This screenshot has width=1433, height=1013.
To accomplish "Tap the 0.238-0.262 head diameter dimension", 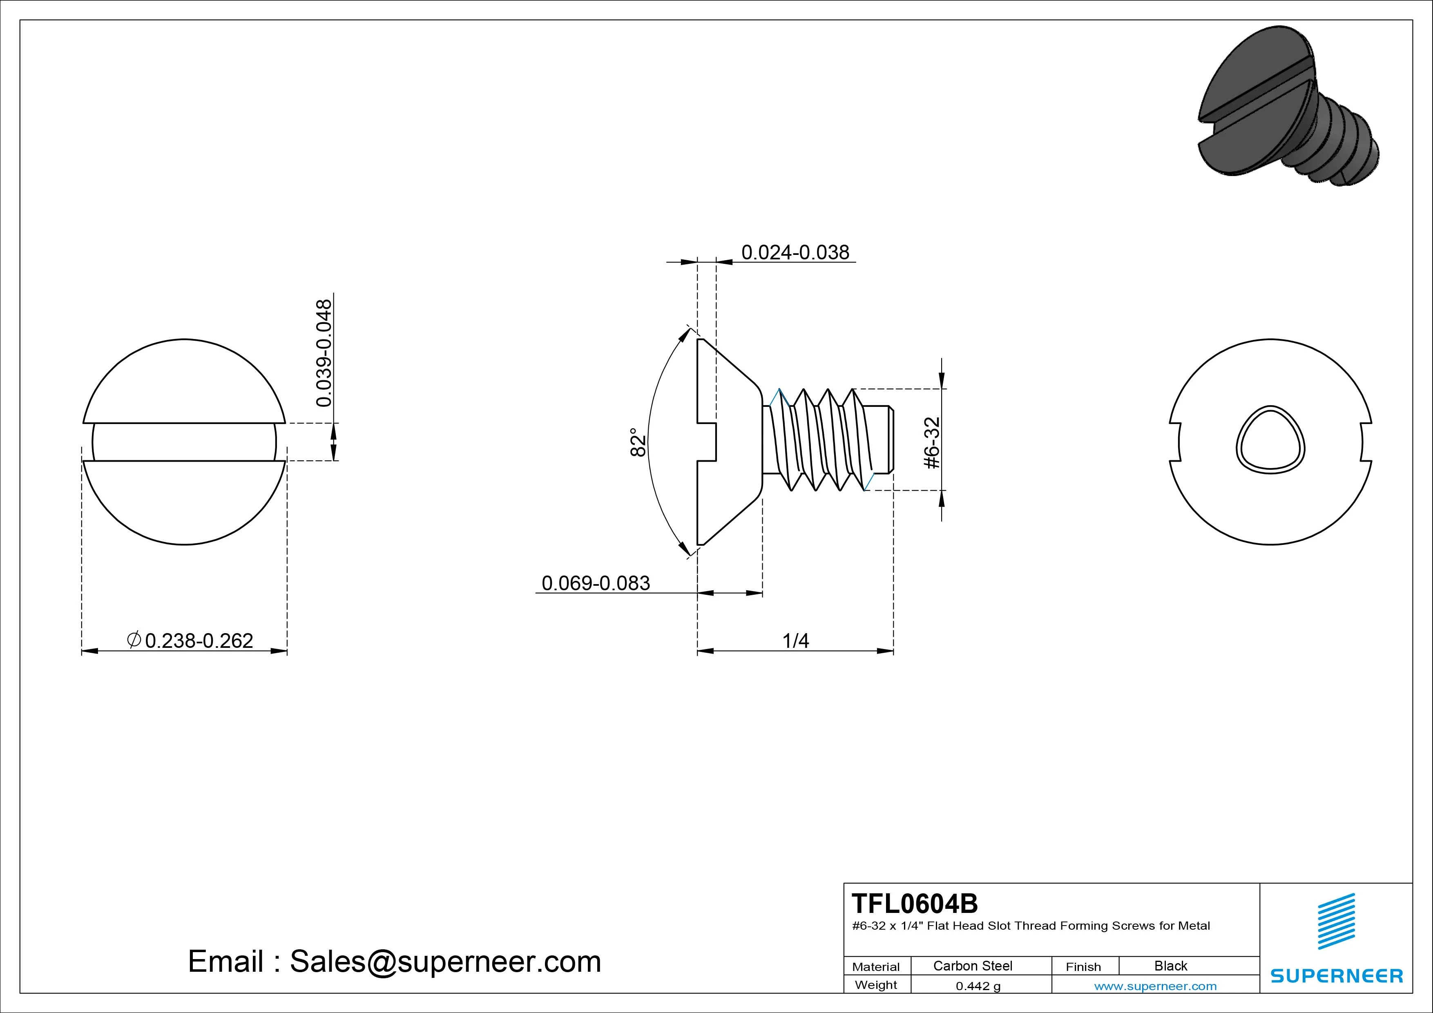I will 199,640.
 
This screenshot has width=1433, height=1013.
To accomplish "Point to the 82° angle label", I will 637,442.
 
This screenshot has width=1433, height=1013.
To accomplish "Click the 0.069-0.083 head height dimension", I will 596,583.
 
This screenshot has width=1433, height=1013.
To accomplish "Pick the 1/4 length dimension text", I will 795,640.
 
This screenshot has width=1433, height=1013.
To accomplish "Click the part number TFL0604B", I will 914,903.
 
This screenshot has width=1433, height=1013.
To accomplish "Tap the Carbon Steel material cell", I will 972,966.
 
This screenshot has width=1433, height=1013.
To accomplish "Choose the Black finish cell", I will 1170,966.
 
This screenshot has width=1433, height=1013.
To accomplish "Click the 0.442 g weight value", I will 978,986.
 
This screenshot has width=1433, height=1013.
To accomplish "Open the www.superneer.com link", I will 1155,986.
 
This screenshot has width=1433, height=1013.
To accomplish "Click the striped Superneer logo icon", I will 1336,921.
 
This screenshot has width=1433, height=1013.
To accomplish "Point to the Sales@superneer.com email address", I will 445,961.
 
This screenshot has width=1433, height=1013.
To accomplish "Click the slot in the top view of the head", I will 184,442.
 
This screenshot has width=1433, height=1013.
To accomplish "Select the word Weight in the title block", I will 876,985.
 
